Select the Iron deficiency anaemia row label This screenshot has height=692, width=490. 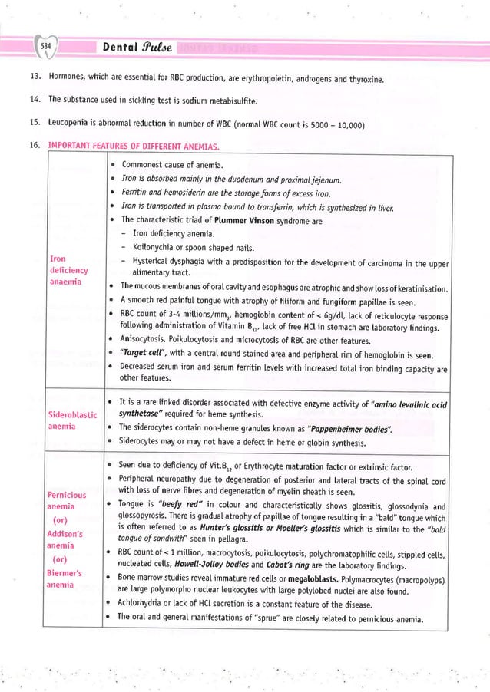[x=68, y=270]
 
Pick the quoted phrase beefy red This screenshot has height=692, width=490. [x=174, y=506]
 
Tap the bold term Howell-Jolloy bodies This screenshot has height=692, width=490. [x=188, y=563]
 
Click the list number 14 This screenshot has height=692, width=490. [x=34, y=100]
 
